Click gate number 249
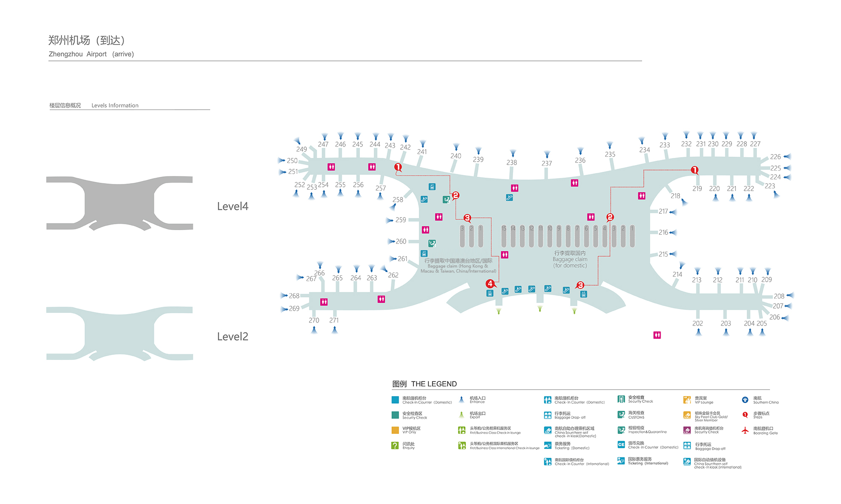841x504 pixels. click(301, 149)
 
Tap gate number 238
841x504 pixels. click(512, 163)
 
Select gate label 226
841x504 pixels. click(775, 157)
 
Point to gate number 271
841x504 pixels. click(334, 320)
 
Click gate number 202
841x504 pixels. click(698, 323)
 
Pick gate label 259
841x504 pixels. click(401, 220)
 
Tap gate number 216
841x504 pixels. click(663, 232)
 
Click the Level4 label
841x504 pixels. click(233, 206)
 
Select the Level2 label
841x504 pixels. click(233, 336)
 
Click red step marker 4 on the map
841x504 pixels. click(490, 283)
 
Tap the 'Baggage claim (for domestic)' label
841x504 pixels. click(570, 260)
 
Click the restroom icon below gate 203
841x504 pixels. click(657, 335)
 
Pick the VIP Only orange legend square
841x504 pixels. click(395, 430)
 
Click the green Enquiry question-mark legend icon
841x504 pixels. click(395, 445)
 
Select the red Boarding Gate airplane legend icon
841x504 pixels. click(745, 430)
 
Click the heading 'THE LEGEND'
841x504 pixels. click(434, 384)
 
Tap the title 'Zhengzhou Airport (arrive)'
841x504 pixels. click(91, 54)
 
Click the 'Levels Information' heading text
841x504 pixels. click(115, 105)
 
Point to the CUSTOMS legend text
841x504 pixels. click(636, 417)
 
